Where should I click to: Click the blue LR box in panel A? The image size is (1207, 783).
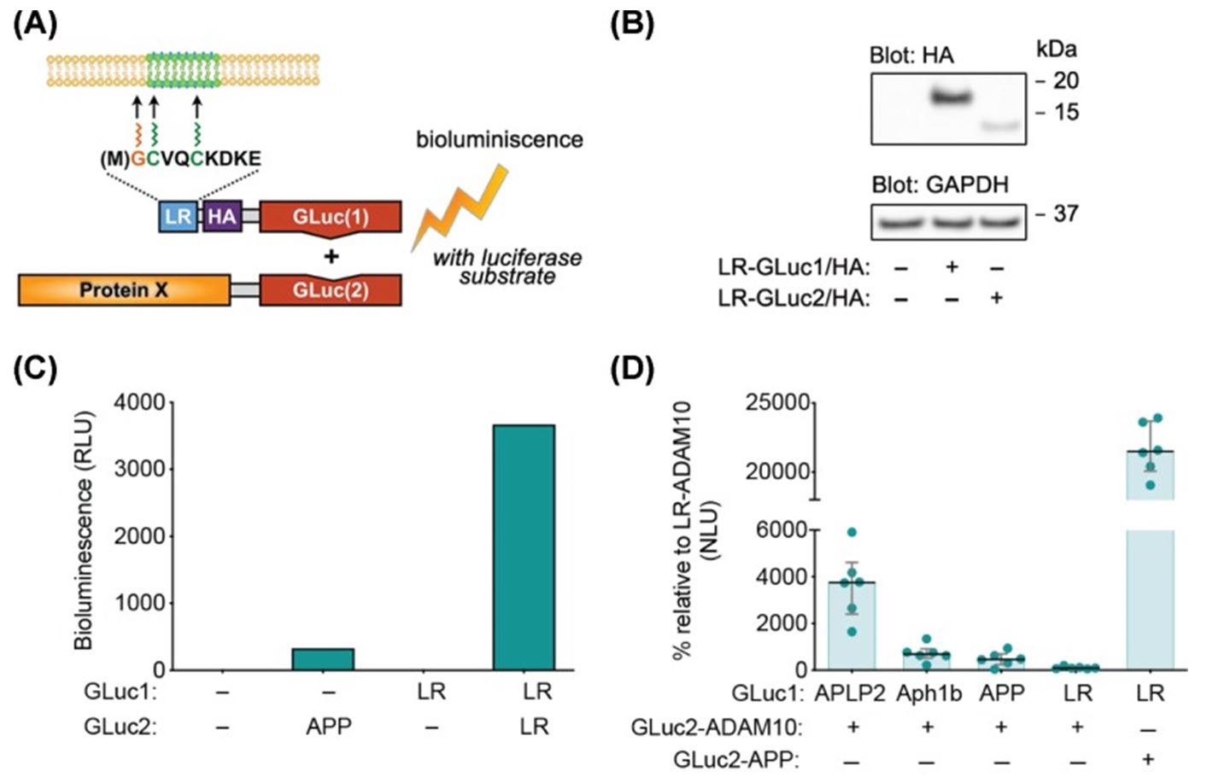tap(178, 217)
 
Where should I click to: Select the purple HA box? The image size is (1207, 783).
tap(221, 217)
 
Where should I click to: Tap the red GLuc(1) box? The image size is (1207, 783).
tap(330, 217)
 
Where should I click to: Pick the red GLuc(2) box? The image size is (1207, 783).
tap(330, 290)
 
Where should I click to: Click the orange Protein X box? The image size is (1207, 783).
tap(124, 290)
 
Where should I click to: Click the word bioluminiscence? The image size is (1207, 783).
tap(500, 139)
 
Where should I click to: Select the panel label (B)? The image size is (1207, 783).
tap(633, 23)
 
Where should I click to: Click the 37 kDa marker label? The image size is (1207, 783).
tap(1065, 213)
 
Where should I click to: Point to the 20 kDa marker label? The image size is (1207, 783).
tap(1065, 81)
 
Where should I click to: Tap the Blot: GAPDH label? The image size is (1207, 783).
tap(940, 184)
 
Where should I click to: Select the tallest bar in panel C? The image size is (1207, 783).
tap(524, 546)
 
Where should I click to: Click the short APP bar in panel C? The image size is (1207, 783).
tap(323, 659)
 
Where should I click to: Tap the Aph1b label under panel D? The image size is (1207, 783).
tap(929, 692)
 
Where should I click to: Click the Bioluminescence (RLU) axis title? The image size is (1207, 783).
tap(84, 529)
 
